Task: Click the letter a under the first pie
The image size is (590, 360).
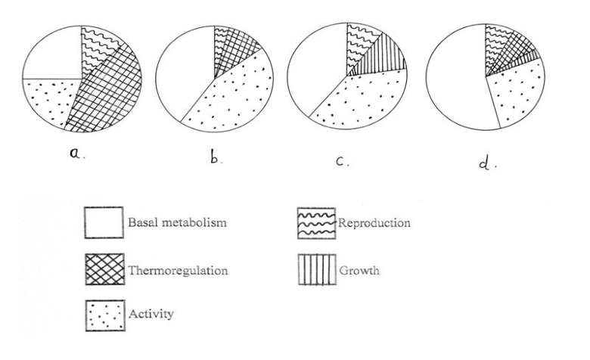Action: tap(76, 154)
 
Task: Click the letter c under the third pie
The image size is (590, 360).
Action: tap(340, 161)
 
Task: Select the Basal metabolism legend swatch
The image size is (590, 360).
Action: tap(104, 222)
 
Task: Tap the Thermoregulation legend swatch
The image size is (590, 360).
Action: tap(104, 269)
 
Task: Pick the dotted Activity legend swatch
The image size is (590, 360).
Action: tap(105, 315)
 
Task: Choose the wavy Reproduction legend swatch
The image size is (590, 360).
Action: tap(316, 223)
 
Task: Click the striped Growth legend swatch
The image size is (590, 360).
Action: tap(317, 270)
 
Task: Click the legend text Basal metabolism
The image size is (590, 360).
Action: tap(177, 222)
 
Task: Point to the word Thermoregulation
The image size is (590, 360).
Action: tap(178, 271)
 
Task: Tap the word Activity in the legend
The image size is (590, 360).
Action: tap(151, 314)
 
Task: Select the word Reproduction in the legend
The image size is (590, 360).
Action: tap(374, 222)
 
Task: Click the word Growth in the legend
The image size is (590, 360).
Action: tap(359, 271)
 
